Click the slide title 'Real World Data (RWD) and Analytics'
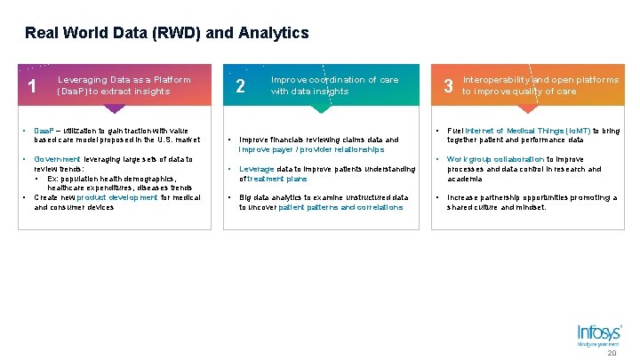(x=167, y=34)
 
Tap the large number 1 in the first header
(x=32, y=87)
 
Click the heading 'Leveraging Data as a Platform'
(x=124, y=80)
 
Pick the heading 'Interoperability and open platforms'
(x=540, y=80)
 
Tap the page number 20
(x=611, y=353)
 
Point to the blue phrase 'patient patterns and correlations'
(x=340, y=207)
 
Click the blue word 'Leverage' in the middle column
(x=257, y=169)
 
